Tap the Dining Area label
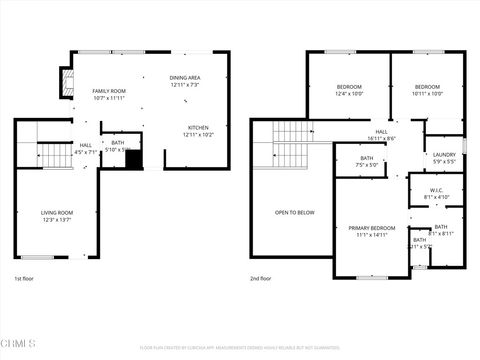(185, 78)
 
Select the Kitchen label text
(198, 127)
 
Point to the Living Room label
(57, 212)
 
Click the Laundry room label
(444, 153)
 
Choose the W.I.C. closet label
(437, 189)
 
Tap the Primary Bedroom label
(372, 228)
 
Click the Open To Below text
(295, 212)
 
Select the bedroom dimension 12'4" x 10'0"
(348, 94)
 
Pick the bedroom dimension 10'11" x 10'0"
(427, 94)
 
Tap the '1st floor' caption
(25, 279)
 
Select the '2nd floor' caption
(260, 279)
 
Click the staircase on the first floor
(50, 157)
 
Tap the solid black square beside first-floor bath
(134, 159)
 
